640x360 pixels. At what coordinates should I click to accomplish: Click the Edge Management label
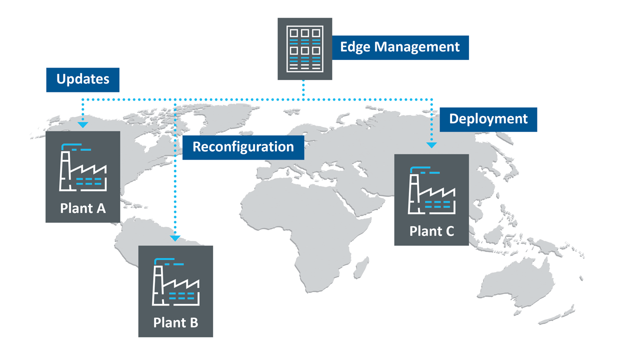coord(400,47)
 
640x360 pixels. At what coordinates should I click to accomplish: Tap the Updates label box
coord(82,79)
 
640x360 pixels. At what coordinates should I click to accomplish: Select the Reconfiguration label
coord(243,147)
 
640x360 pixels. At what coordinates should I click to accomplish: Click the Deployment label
coord(488,119)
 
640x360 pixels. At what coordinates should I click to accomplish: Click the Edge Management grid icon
coord(304,49)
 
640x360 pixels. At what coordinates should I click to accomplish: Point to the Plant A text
coord(83,208)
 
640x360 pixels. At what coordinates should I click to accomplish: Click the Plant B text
coord(175,322)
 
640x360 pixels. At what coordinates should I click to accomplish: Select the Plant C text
coord(431,231)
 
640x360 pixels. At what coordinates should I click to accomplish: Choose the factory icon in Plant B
coord(175,283)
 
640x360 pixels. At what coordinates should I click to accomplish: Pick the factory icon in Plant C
coord(431,192)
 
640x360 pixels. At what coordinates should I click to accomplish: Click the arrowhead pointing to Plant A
coord(83,124)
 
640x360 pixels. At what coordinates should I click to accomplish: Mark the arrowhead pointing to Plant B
coord(175,238)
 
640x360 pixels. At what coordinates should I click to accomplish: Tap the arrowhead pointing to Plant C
coord(431,145)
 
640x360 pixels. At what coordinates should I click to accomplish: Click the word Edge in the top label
coord(355,47)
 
